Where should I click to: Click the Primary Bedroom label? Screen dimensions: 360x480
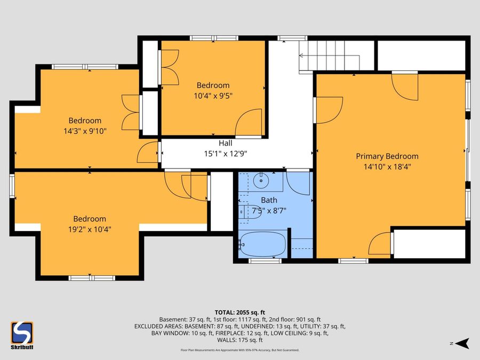(387, 156)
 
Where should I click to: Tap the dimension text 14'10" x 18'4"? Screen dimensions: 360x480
(387, 166)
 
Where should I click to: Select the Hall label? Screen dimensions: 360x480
(225, 143)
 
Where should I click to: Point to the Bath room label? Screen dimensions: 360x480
(269, 201)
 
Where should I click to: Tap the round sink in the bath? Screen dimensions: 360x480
(261, 180)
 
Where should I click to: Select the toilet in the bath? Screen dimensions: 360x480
(246, 212)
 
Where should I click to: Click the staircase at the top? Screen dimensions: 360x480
(336, 55)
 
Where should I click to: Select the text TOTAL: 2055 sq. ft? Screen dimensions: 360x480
(239, 312)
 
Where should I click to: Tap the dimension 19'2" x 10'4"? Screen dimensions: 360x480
(90, 229)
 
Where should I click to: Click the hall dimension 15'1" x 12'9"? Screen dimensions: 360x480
(225, 153)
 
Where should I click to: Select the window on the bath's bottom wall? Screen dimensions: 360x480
(265, 261)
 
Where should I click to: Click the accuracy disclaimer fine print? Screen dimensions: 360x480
(239, 350)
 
